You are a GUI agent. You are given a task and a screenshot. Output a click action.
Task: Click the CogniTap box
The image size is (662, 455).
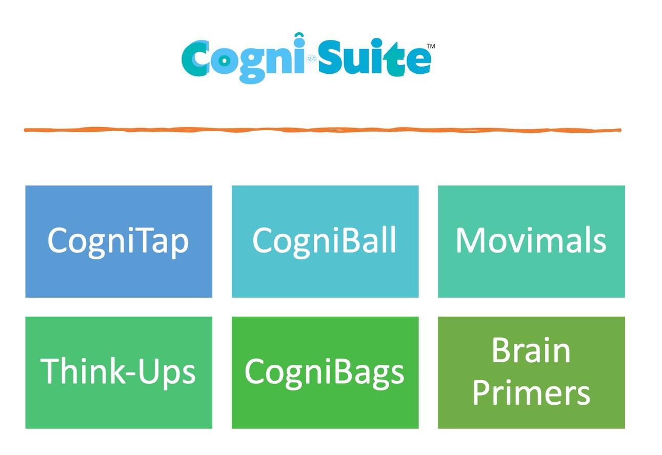coord(118,241)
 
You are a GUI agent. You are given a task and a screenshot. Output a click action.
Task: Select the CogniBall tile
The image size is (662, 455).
coord(325,241)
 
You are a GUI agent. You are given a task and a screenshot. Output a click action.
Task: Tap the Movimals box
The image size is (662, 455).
coord(531,241)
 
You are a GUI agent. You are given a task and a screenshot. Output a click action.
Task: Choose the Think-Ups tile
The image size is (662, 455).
coord(118,373)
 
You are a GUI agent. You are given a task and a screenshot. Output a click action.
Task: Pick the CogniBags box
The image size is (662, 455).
coord(325,373)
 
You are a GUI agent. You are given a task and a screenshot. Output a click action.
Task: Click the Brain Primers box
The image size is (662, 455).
coord(531,373)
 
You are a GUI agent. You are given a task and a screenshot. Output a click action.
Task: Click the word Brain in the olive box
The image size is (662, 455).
coord(531,351)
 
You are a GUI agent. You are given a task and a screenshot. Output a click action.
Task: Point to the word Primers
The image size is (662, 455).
coord(531,393)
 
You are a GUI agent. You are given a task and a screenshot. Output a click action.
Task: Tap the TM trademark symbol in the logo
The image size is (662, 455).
coord(431,46)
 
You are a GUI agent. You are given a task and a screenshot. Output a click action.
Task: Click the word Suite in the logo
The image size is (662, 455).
coord(374,57)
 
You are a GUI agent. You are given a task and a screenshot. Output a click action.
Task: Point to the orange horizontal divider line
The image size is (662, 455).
coord(323,130)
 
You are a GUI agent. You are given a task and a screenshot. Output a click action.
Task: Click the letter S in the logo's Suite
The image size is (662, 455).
coord(330,57)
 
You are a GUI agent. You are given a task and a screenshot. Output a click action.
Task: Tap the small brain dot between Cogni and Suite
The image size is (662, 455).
coord(311,59)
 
